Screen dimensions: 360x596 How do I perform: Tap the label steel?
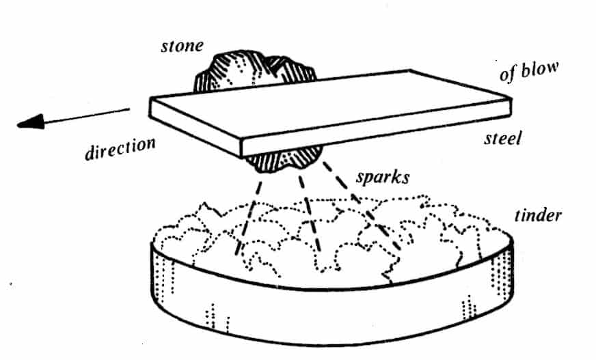(x=502, y=138)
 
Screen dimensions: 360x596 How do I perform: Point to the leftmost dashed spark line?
(x=249, y=212)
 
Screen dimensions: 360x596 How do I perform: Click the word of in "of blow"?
(x=506, y=73)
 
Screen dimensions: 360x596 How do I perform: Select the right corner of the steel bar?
(x=509, y=102)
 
